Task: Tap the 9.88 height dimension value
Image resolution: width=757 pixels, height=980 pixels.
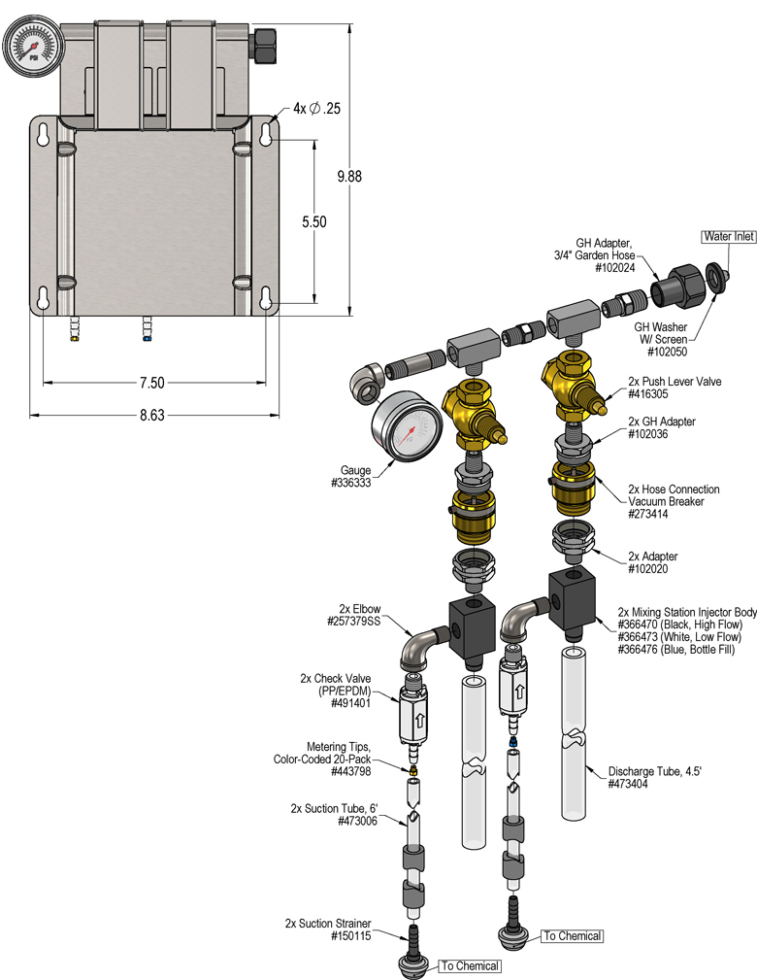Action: (x=348, y=176)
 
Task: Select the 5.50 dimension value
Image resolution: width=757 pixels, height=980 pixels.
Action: (x=313, y=221)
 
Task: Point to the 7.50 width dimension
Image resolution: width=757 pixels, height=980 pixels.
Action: (x=150, y=383)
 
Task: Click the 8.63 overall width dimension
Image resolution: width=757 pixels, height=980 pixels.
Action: (x=150, y=415)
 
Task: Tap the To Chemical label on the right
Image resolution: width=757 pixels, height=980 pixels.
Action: (x=572, y=936)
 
